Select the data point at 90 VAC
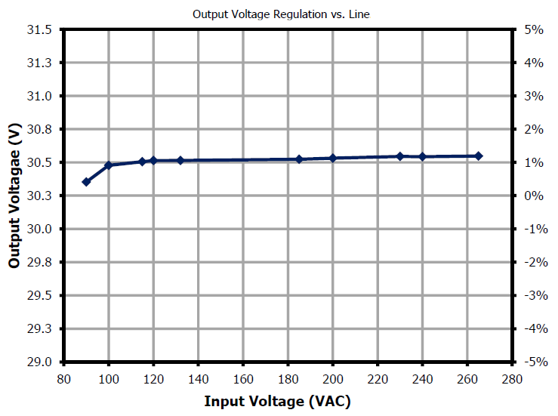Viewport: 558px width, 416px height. point(86,182)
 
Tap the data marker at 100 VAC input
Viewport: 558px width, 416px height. point(109,165)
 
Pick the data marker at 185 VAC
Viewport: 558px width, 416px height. point(299,159)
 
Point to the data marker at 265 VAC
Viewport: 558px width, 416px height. point(479,156)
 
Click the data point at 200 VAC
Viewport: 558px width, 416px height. point(333,158)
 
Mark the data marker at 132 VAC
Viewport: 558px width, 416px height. point(180,161)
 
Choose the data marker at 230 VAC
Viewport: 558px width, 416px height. point(400,156)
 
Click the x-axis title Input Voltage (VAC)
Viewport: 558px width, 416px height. point(277,400)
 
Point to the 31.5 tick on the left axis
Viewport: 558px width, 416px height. point(41,30)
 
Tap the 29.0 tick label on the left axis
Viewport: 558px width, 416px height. point(41,362)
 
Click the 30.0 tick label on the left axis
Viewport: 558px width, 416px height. point(41,230)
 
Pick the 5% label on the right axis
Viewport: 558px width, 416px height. point(534,30)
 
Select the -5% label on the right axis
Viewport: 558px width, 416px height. point(532,362)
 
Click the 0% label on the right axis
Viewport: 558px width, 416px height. point(534,196)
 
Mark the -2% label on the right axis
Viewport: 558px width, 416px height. point(532,263)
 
